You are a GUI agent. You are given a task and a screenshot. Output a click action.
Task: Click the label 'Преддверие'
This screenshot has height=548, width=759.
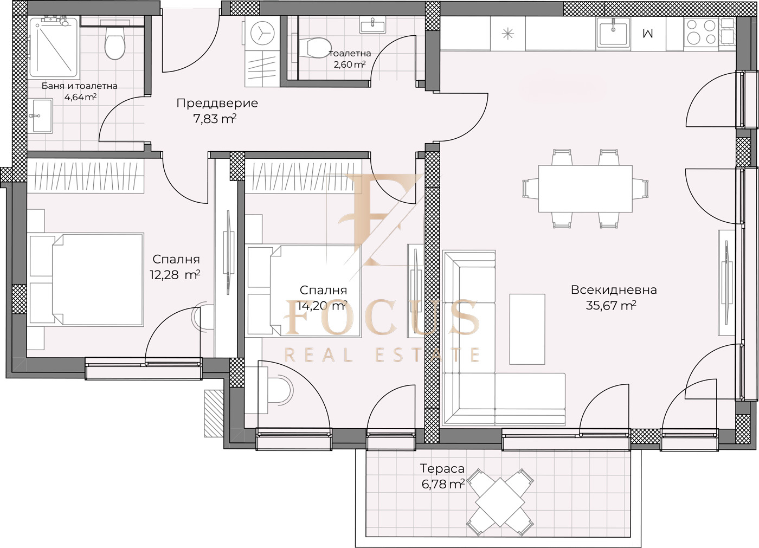(217, 103)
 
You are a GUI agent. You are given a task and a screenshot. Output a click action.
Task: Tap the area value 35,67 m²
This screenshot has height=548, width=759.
(611, 306)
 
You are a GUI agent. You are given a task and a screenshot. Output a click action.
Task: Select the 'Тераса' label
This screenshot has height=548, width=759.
(442, 468)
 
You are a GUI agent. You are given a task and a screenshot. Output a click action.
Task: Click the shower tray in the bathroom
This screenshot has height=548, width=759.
(54, 47)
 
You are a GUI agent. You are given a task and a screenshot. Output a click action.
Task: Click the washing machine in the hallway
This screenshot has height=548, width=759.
(262, 34)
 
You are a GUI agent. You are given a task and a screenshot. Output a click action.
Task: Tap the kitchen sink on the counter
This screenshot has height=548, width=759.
(613, 33)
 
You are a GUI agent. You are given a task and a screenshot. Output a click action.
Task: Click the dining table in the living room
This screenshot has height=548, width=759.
(585, 189)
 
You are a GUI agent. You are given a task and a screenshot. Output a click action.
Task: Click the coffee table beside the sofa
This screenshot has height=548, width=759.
(527, 329)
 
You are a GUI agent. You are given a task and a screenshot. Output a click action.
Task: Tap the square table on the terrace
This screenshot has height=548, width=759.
(500, 501)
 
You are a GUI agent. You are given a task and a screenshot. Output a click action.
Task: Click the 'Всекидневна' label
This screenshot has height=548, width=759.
(614, 290)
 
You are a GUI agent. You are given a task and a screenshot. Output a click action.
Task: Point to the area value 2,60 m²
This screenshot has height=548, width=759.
(349, 64)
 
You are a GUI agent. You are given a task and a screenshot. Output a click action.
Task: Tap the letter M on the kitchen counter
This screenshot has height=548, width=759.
(647, 33)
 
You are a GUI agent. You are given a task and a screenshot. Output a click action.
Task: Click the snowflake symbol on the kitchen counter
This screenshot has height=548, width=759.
(507, 34)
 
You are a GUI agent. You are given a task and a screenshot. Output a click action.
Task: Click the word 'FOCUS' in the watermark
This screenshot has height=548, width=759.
(381, 317)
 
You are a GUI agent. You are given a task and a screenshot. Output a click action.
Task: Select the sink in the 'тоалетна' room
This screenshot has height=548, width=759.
(373, 25)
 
